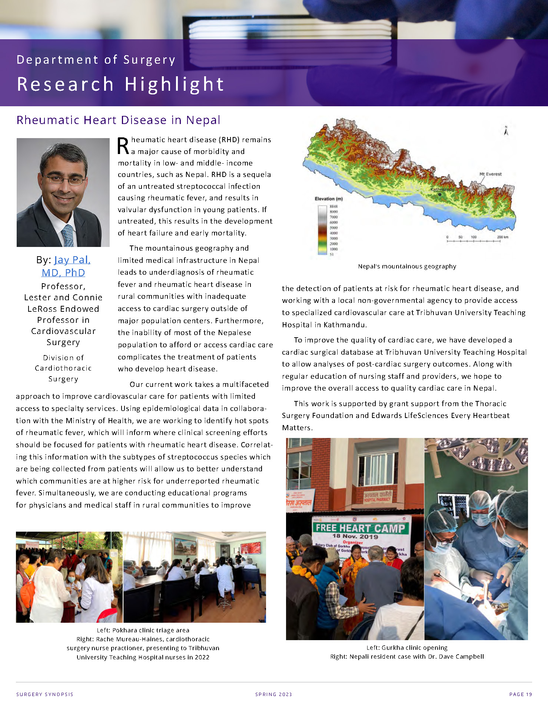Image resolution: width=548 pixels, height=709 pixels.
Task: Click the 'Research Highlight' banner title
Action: tap(120, 84)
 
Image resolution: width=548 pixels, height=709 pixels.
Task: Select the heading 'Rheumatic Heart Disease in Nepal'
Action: tap(119, 120)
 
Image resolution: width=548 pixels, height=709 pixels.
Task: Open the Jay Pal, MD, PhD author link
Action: tap(63, 266)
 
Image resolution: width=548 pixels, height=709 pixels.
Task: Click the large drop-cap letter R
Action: tap(123, 146)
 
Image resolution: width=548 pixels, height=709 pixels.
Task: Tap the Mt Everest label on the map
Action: tap(490, 174)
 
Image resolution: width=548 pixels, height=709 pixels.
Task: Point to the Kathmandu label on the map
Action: tap(442, 190)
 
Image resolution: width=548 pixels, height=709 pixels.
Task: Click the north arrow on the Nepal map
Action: tap(506, 131)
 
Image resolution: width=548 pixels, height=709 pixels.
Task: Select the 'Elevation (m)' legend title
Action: tap(329, 199)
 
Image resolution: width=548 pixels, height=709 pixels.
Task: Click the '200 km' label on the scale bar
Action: tap(502, 237)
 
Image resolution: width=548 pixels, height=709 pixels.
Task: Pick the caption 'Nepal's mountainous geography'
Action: tap(407, 266)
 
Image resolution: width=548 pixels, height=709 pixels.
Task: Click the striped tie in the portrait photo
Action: tap(68, 235)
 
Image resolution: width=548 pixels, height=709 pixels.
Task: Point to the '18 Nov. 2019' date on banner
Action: tap(355, 536)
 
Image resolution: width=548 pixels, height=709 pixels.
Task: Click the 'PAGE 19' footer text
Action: tap(521, 694)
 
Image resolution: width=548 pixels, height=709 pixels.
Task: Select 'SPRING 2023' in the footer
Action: tap(273, 694)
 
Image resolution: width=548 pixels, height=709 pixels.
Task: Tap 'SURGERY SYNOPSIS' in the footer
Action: tap(45, 694)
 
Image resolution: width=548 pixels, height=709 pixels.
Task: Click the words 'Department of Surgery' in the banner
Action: tap(96, 60)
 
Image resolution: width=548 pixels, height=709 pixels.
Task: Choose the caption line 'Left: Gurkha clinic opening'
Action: tap(407, 648)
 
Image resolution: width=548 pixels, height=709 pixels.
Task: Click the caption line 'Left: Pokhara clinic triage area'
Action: tap(143, 630)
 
